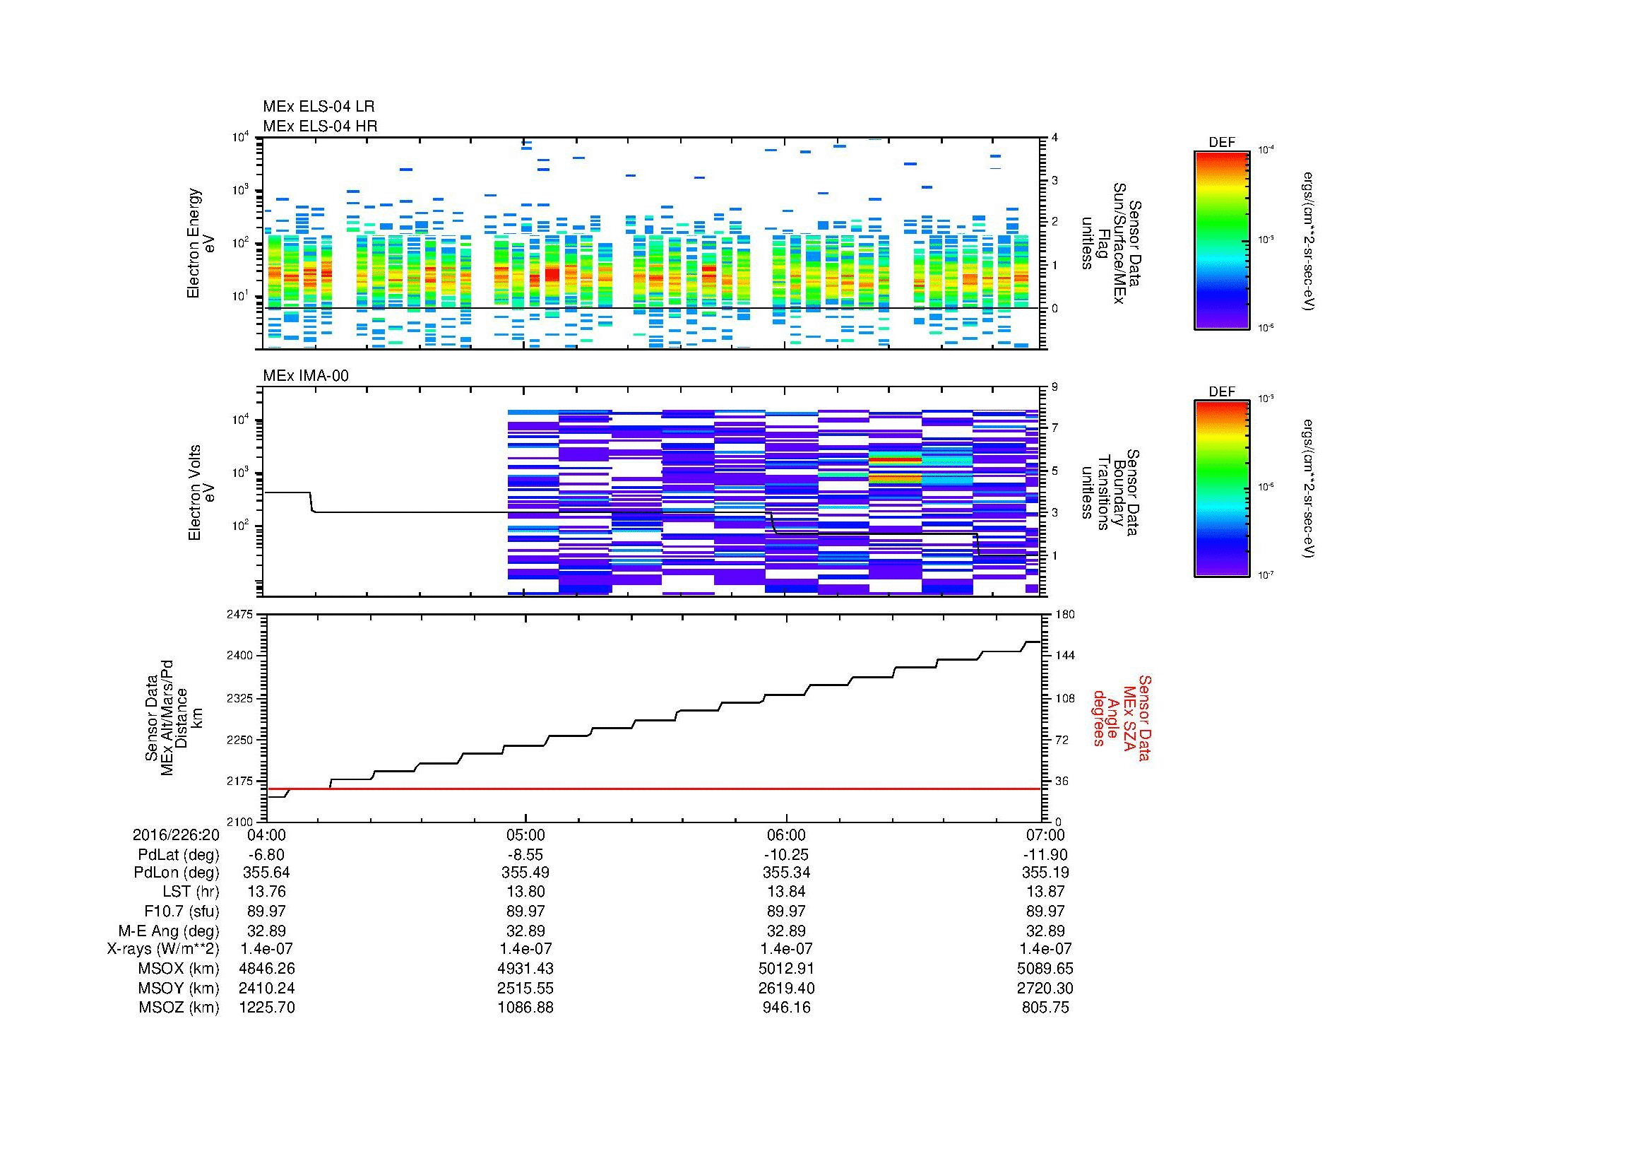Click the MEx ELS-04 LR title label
(x=318, y=107)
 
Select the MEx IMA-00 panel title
(x=306, y=376)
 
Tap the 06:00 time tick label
(x=785, y=835)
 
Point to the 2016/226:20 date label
(x=177, y=835)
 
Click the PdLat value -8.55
(x=526, y=855)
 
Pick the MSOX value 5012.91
(x=785, y=969)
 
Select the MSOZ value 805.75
(x=1045, y=1008)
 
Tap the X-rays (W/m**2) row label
(x=162, y=949)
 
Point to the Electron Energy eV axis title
(x=201, y=243)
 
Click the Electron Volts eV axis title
(x=201, y=493)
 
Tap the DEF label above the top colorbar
(x=1221, y=143)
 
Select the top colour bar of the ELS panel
(x=1221, y=240)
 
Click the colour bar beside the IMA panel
(x=1221, y=489)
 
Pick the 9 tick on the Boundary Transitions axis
(x=1054, y=387)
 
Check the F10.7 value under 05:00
(x=526, y=911)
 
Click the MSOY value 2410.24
(x=266, y=988)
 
